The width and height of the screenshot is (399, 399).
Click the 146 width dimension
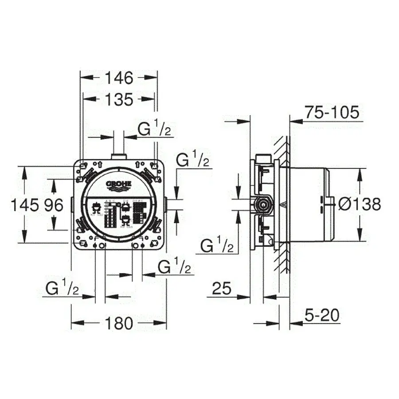(119, 78)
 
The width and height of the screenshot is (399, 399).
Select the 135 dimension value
(119, 100)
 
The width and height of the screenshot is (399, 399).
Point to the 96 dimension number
(54, 205)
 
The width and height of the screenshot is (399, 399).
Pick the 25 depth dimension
(222, 289)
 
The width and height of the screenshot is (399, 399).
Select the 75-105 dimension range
(331, 113)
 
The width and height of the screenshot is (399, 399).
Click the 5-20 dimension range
(322, 316)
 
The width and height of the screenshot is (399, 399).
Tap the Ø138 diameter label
(359, 204)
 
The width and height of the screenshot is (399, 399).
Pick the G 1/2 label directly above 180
(175, 267)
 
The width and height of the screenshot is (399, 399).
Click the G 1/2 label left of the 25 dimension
(216, 245)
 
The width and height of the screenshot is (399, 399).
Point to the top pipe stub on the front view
(119, 156)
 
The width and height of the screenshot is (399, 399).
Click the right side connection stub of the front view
(165, 204)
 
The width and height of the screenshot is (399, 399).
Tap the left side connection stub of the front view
(72, 205)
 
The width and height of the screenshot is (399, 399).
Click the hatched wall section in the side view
(282, 204)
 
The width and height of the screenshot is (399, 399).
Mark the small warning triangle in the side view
(285, 205)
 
